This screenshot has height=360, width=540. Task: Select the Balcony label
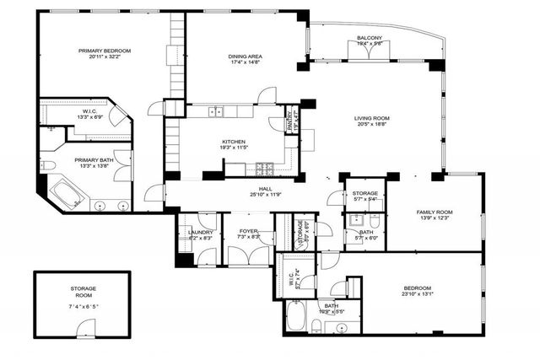(x=369, y=38)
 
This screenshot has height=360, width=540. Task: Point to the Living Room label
(x=370, y=118)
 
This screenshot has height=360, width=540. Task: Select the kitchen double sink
(x=216, y=111)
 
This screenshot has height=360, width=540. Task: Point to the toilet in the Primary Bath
(x=50, y=164)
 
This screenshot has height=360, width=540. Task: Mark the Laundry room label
(x=200, y=232)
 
